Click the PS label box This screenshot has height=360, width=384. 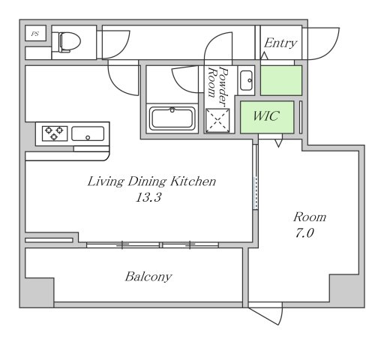[x=35, y=33]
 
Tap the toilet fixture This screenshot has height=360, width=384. [x=70, y=42]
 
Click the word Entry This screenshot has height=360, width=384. [x=280, y=43]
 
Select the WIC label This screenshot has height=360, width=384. [x=266, y=115]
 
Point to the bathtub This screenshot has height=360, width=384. [x=172, y=118]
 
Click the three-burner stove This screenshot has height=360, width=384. [x=55, y=133]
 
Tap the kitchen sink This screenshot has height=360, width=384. [x=88, y=133]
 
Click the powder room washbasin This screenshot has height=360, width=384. [x=246, y=80]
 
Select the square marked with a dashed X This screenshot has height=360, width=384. [x=217, y=120]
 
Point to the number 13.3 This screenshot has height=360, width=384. [x=148, y=197]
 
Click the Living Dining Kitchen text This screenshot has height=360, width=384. [x=151, y=181]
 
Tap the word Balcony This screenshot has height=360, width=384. [x=148, y=277]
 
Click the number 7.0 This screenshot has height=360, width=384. [x=304, y=233]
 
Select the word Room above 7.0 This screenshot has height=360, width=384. [x=310, y=217]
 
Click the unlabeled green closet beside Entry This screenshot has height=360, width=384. [x=281, y=80]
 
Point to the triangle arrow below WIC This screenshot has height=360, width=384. [x=278, y=143]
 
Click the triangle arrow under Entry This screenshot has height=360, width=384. [x=264, y=55]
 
